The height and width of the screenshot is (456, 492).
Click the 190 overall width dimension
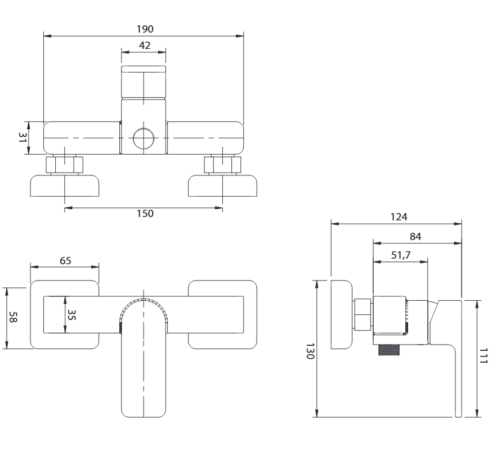[x=145, y=29]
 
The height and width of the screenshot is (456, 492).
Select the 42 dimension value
[x=145, y=46]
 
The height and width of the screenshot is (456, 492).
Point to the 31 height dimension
[x=23, y=138]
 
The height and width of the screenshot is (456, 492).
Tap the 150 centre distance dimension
[x=145, y=214]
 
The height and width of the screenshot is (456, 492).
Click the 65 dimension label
[x=65, y=260]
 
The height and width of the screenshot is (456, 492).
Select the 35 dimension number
[x=71, y=315]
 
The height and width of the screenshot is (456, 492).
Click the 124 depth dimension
[x=398, y=216]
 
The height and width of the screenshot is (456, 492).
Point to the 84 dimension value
[x=416, y=237]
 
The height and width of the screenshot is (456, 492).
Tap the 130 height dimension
[x=309, y=351]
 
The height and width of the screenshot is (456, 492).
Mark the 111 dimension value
[x=484, y=358]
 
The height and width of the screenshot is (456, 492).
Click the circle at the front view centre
[x=143, y=138]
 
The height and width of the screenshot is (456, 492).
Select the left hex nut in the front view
[x=64, y=165]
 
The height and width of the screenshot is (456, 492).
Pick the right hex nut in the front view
[x=222, y=165]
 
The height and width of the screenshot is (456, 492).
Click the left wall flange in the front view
[x=65, y=186]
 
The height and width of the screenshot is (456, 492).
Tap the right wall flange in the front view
[x=222, y=186]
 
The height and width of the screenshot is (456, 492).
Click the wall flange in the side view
[x=342, y=314]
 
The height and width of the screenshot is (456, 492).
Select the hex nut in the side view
[x=364, y=314]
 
